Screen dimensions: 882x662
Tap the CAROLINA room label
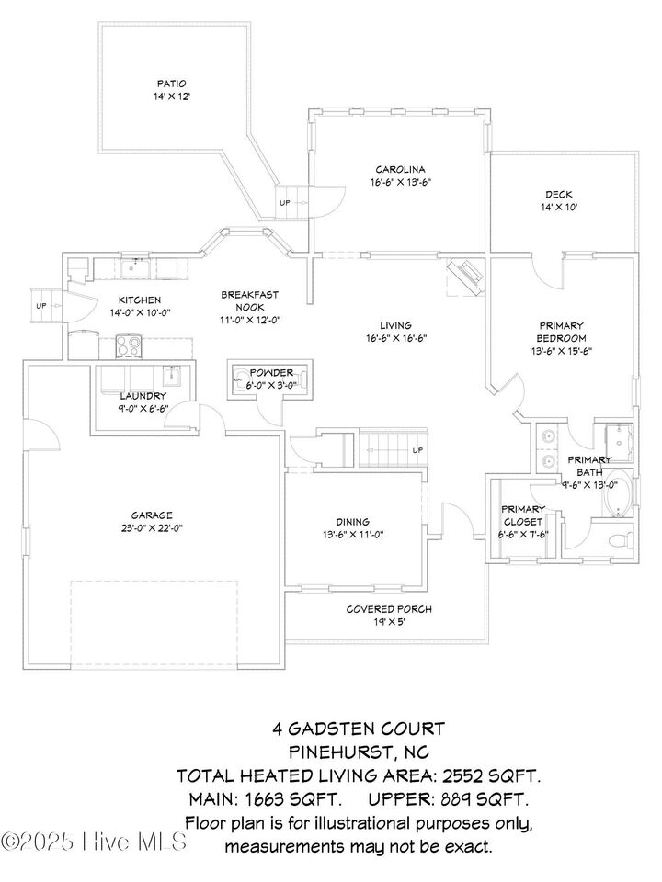[400, 169]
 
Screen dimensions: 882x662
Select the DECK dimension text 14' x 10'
[559, 208]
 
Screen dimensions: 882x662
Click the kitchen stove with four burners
[128, 346]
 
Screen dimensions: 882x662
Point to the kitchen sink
[137, 267]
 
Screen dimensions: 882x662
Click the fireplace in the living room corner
[466, 275]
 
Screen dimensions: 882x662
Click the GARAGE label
[151, 515]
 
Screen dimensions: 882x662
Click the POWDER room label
[271, 372]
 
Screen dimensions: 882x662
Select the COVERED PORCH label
[389, 609]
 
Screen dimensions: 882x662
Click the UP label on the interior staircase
[417, 450]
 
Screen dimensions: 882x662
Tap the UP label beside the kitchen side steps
[40, 306]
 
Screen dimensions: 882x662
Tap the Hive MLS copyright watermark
[94, 842]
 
